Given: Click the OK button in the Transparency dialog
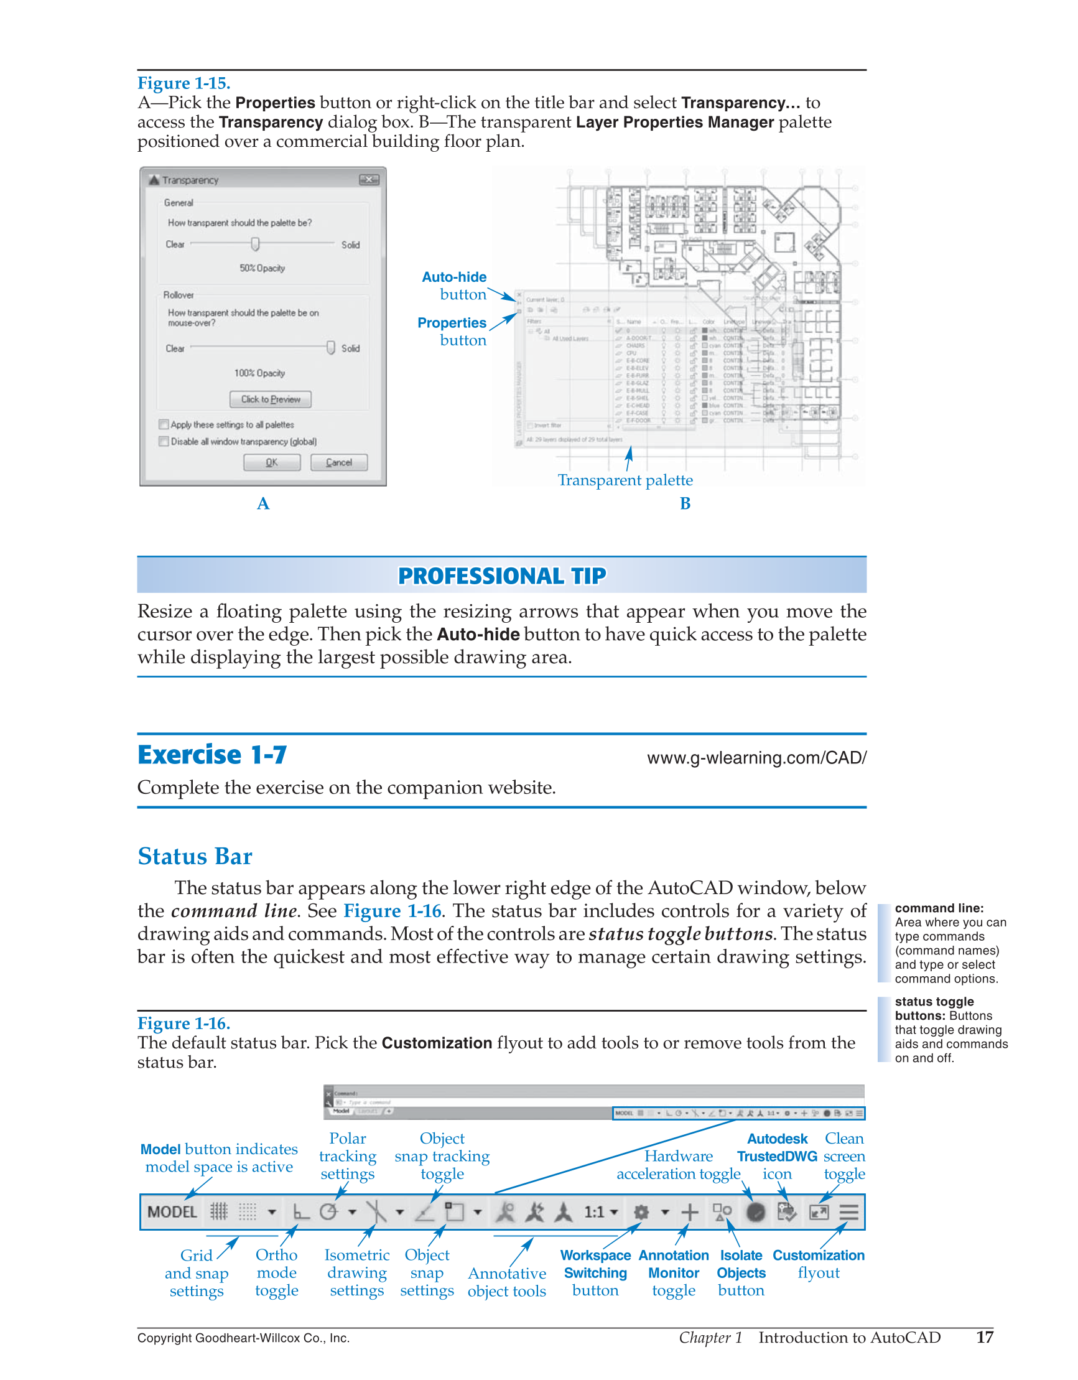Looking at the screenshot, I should tap(272, 462).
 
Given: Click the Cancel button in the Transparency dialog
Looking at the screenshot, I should tap(338, 462).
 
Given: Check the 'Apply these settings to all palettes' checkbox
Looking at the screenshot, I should tap(164, 424).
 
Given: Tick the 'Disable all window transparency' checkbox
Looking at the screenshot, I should tap(164, 441).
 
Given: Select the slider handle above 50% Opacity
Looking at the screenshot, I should tap(255, 244).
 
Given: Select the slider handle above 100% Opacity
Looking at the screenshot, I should tap(330, 348).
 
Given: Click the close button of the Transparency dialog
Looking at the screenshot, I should tap(368, 180).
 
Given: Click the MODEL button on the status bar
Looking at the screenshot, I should tap(172, 1212).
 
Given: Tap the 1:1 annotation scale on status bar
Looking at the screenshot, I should tap(595, 1212).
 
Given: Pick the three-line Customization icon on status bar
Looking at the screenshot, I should tap(848, 1212).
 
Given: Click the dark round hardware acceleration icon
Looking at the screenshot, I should tap(756, 1212).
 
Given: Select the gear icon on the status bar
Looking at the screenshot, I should tap(641, 1212).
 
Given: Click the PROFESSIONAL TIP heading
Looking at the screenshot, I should tap(502, 576).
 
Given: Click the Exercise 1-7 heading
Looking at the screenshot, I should tap(212, 755).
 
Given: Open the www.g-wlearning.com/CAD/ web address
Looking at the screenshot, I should tap(756, 758).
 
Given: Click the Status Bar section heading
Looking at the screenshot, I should tap(195, 857).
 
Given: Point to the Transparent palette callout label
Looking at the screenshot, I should tap(625, 480).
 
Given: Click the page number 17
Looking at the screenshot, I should tap(985, 1337).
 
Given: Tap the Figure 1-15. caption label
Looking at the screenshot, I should tap(184, 83).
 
